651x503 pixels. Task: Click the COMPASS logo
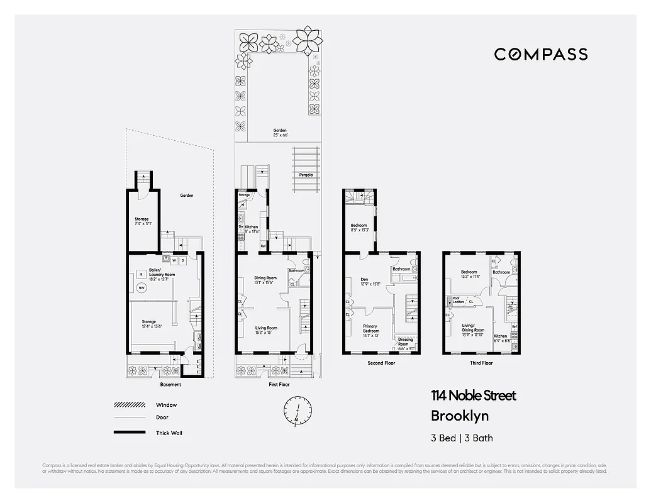[x=540, y=54]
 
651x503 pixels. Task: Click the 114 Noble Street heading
[x=473, y=395]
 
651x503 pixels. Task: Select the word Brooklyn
[x=459, y=416]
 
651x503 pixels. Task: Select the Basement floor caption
[x=170, y=384]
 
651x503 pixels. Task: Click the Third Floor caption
[x=482, y=363]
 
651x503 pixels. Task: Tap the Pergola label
[x=306, y=174]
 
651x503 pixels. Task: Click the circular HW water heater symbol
[x=142, y=288]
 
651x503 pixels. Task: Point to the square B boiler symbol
[x=142, y=274]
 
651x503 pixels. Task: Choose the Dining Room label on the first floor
[x=265, y=280]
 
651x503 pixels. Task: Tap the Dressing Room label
[x=405, y=342]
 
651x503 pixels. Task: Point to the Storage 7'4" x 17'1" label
[x=141, y=221]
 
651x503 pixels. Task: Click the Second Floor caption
[x=381, y=363]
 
